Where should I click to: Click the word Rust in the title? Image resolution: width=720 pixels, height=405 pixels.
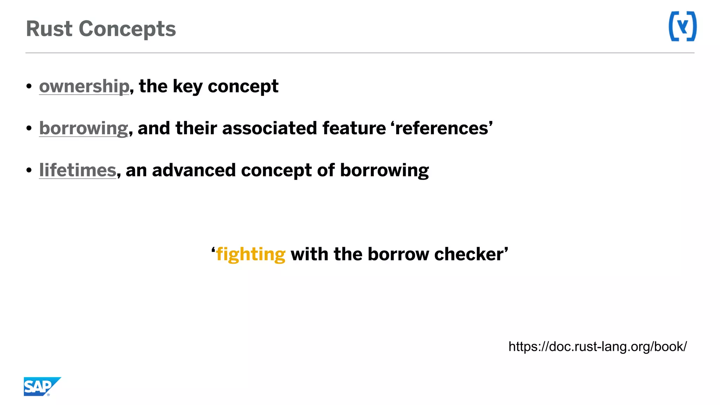(x=49, y=29)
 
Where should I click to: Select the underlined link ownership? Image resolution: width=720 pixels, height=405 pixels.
(x=84, y=86)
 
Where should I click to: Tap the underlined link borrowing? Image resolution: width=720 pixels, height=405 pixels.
(x=84, y=129)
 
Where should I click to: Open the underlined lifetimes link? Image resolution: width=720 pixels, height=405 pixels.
(x=78, y=171)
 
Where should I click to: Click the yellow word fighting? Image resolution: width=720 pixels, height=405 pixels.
(x=251, y=255)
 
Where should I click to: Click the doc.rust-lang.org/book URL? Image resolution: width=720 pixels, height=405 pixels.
(x=597, y=347)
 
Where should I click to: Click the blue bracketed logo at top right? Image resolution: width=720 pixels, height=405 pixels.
(x=682, y=26)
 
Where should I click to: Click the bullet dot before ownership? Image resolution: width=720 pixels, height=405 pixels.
(x=29, y=86)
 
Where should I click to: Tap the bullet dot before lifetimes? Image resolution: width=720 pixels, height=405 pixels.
(x=29, y=171)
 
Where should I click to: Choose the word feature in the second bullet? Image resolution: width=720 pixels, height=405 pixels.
(x=354, y=128)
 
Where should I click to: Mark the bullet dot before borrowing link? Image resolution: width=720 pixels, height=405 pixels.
(x=29, y=128)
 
